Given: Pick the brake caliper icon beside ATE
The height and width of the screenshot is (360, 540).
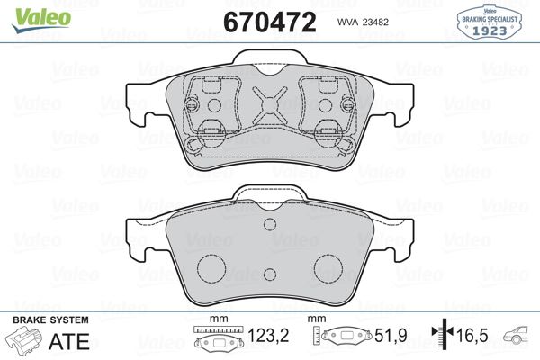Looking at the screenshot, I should click(x=25, y=343).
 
